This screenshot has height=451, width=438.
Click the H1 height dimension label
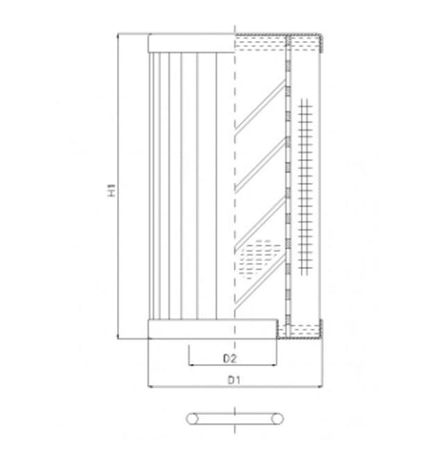tap(111, 190)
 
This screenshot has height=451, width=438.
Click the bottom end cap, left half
tap(191, 330)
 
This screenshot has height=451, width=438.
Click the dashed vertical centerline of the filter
tap(234, 191)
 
